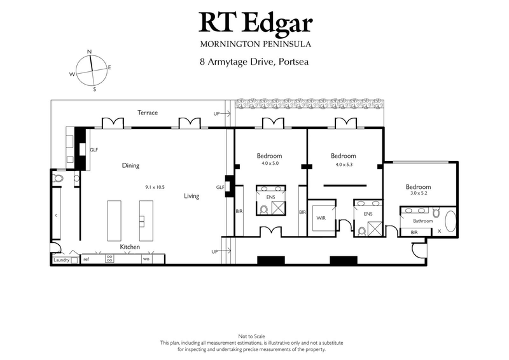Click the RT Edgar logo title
[256, 22]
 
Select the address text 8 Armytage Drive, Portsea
[255, 63]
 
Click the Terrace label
[148, 113]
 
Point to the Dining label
[130, 165]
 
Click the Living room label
[192, 196]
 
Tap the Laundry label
[61, 260]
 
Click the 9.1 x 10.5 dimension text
[155, 187]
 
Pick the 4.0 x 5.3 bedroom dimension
[343, 163]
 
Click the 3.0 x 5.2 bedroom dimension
[418, 195]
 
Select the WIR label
[321, 218]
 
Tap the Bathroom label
[422, 221]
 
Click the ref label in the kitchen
[86, 259]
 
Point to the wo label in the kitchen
[146, 259]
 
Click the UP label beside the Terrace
[218, 113]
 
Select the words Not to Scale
[254, 335]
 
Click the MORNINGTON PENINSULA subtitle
[255, 44]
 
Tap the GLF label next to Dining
[94, 150]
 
